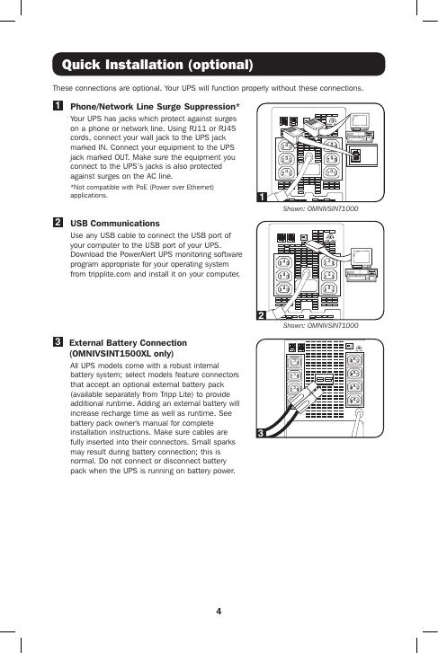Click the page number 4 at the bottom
point(219,612)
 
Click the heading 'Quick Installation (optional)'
point(157,65)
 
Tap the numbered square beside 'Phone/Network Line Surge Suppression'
point(58,105)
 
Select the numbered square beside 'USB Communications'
point(58,222)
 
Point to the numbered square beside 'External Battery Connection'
point(58,342)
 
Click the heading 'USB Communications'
point(115,224)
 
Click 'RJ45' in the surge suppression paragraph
point(227,128)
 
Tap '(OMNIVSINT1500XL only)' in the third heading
point(121,354)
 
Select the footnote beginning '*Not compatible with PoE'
point(142,191)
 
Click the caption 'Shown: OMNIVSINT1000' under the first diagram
point(320,208)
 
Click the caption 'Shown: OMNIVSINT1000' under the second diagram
point(320,325)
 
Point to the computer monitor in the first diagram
point(360,121)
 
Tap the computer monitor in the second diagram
point(362,258)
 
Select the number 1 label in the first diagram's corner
point(262,197)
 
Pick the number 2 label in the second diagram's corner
point(262,315)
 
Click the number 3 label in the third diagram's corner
point(261,433)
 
